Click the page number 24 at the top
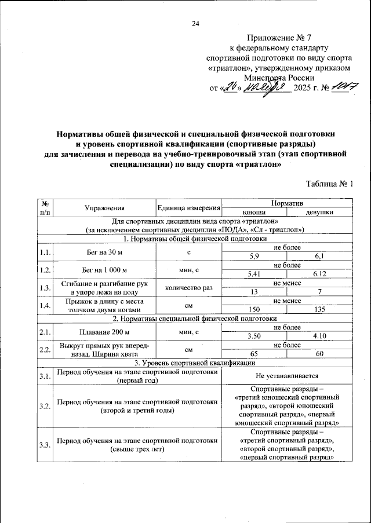195,24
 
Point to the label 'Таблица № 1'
329,184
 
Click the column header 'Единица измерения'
189,208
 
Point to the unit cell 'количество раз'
189,288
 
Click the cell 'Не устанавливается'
287,376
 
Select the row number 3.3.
44,444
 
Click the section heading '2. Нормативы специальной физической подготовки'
195,319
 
